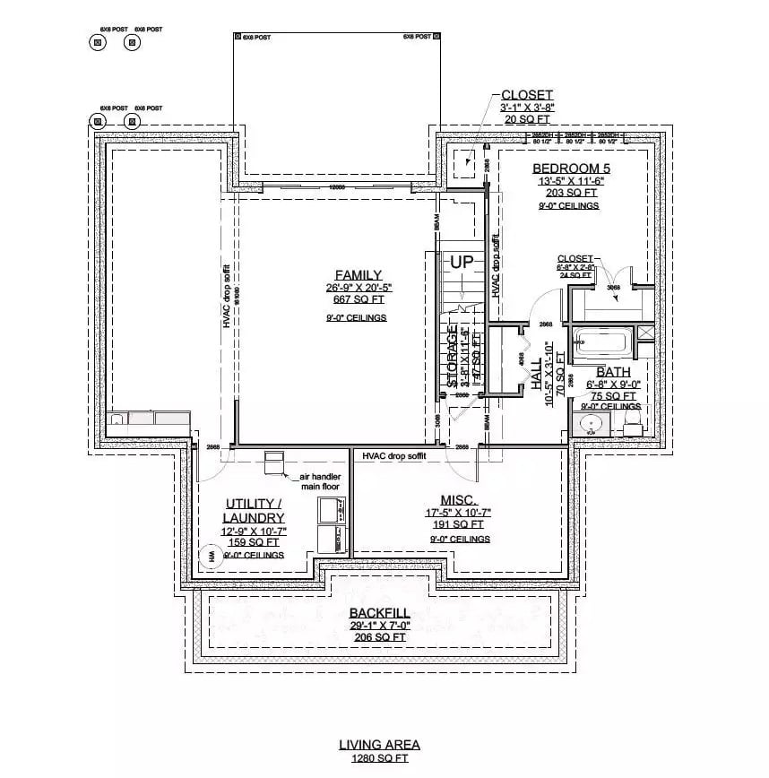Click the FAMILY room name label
click(359, 275)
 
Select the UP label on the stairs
click(462, 263)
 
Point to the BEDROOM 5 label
click(569, 168)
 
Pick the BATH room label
click(613, 371)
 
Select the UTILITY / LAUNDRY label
click(255, 511)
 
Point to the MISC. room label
click(458, 499)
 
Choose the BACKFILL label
click(380, 613)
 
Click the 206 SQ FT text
click(380, 637)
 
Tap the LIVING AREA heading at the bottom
click(379, 744)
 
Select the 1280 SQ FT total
click(379, 758)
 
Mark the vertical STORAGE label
click(453, 356)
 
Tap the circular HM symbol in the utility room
click(213, 557)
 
